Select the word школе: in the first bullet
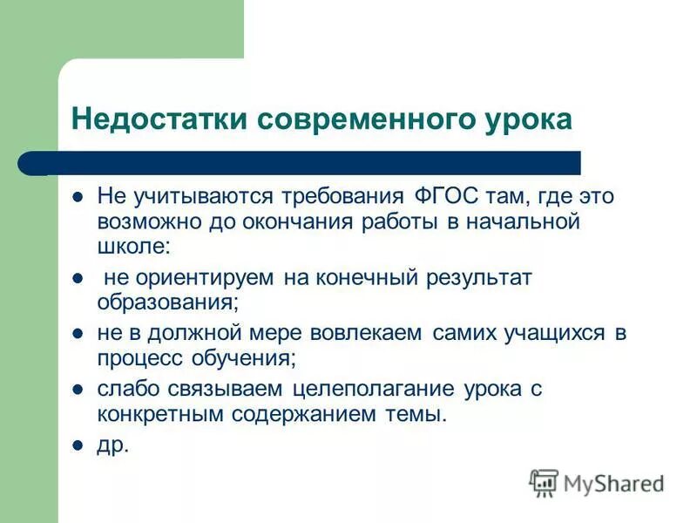point(131,247)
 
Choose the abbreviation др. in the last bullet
point(112,445)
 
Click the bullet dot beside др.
point(78,445)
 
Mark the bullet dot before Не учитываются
point(78,197)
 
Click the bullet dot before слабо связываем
point(78,390)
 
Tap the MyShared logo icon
point(544,482)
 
